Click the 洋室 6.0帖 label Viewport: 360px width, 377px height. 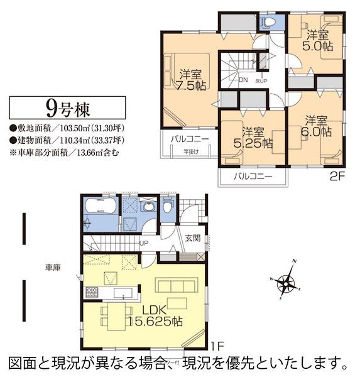tap(318, 125)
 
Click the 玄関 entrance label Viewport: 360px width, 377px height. tap(192, 239)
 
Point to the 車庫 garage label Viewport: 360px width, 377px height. tap(52, 268)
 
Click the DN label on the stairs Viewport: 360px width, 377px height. tap(244, 80)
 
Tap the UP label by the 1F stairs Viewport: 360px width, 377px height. tap(144, 243)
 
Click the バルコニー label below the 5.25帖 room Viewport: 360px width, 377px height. tap(253, 177)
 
